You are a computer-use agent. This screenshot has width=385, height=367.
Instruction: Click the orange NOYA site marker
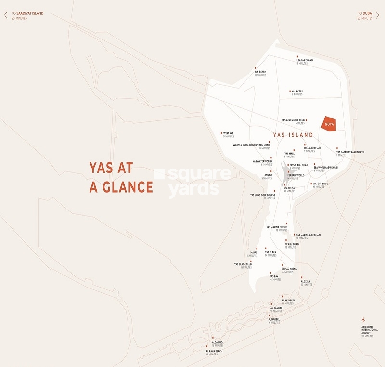(x=330, y=124)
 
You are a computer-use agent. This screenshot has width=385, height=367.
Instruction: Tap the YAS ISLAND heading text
(x=293, y=135)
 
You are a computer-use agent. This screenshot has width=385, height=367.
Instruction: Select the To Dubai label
(x=365, y=13)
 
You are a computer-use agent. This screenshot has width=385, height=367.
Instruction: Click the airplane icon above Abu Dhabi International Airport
(x=364, y=320)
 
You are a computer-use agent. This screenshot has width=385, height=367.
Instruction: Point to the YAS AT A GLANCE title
(x=121, y=177)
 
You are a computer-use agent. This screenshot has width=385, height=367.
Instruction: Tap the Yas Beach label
(x=260, y=73)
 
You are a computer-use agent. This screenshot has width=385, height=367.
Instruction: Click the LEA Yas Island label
(x=305, y=61)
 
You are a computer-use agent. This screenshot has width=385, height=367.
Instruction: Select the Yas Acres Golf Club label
(x=293, y=122)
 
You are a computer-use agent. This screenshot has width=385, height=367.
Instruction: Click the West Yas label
(x=228, y=135)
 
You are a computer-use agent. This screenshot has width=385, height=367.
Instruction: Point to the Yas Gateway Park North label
(x=350, y=153)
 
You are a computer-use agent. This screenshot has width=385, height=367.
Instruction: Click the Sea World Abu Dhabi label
(x=326, y=169)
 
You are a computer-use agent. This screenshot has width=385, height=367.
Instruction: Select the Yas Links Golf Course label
(x=262, y=197)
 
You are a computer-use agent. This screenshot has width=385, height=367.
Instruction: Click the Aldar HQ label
(x=217, y=344)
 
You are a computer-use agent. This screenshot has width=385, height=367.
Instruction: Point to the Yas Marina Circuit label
(x=277, y=228)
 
